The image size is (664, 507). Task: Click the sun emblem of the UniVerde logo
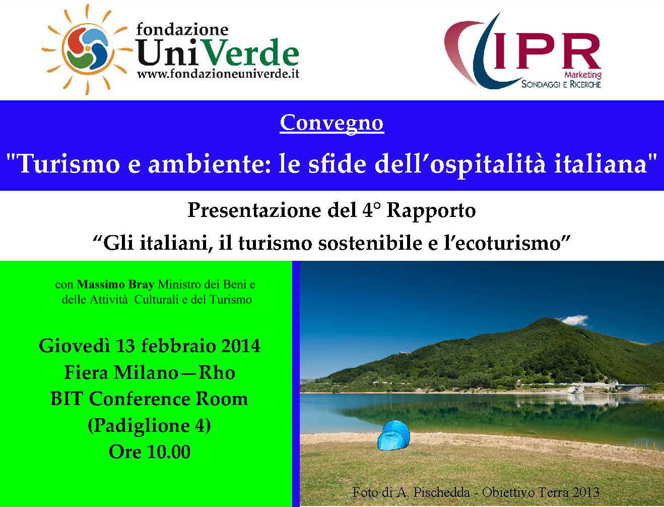pyautogui.click(x=87, y=49)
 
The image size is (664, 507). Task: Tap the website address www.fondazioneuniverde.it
pyautogui.click(x=218, y=74)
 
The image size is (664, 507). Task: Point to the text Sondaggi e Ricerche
pyautogui.click(x=561, y=84)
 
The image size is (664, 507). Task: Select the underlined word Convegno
pyautogui.click(x=332, y=123)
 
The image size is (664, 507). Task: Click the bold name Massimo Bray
pyautogui.click(x=115, y=285)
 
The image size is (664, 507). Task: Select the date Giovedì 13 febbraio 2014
pyautogui.click(x=150, y=346)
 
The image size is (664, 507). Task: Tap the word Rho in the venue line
pyautogui.click(x=217, y=372)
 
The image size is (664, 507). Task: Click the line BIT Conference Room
pyautogui.click(x=150, y=399)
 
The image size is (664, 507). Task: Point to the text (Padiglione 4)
pyautogui.click(x=150, y=425)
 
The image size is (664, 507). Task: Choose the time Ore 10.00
pyautogui.click(x=150, y=452)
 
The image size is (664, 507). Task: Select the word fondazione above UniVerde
pyautogui.click(x=182, y=30)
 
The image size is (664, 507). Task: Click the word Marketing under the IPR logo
pyautogui.click(x=582, y=75)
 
